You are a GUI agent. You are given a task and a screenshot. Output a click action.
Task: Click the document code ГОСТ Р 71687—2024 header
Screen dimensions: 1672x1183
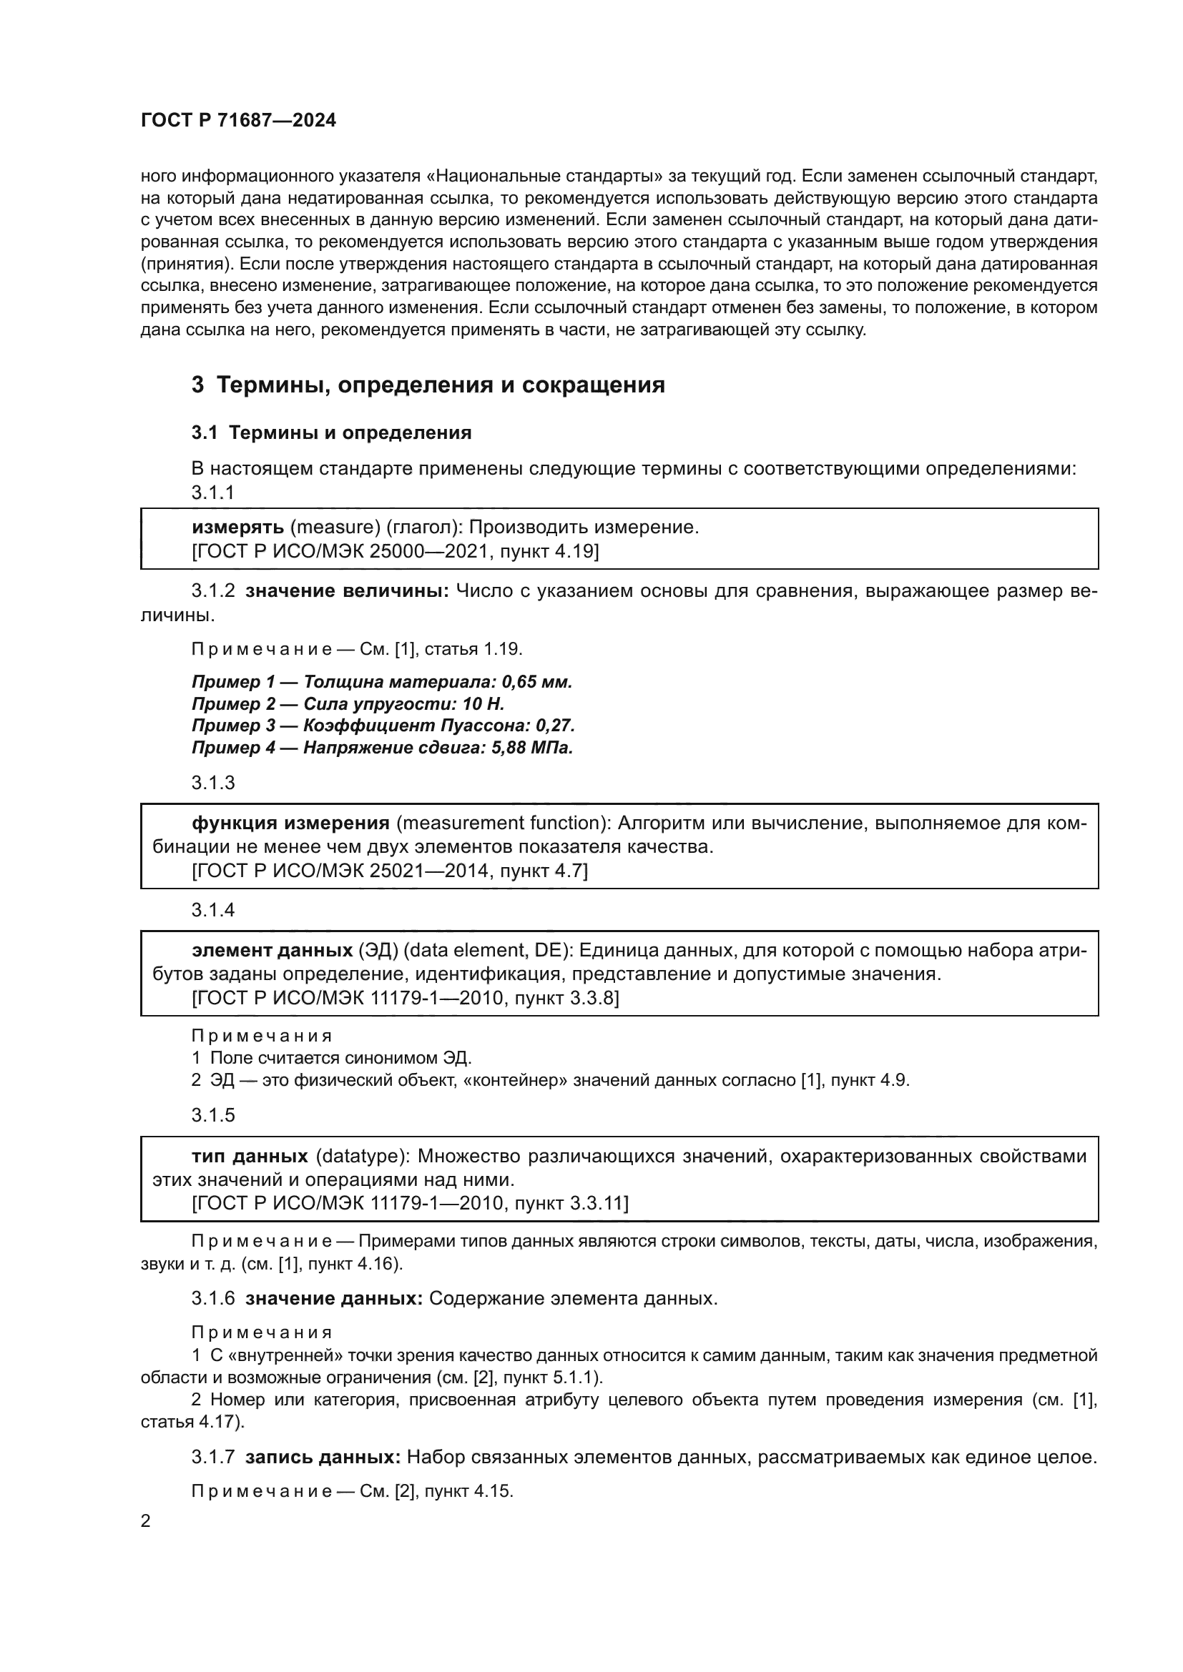pos(238,120)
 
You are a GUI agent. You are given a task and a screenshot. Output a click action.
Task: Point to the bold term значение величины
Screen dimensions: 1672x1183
pos(347,590)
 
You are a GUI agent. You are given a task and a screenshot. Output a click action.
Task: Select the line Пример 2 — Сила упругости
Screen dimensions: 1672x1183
pos(348,703)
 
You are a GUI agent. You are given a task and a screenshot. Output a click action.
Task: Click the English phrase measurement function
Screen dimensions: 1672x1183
pos(503,823)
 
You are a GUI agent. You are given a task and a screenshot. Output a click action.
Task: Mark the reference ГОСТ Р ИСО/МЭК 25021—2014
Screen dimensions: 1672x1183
pos(341,870)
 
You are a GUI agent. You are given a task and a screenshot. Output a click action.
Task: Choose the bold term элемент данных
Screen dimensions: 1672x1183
pos(272,950)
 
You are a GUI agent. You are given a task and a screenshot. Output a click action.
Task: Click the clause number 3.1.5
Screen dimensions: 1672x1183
pos(212,1115)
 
